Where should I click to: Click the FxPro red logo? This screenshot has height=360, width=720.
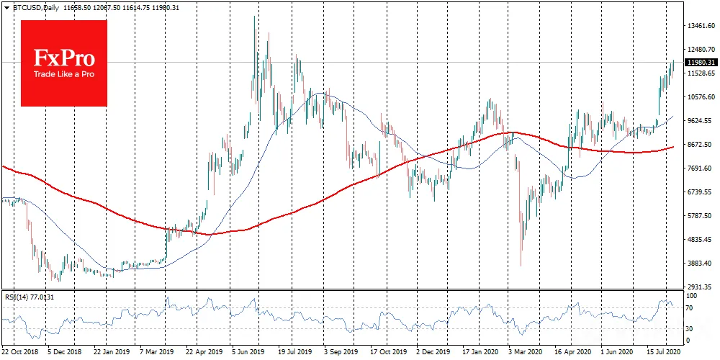point(64,63)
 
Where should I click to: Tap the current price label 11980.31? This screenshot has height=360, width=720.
point(701,62)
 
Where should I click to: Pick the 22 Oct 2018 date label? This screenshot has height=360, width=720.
point(19,353)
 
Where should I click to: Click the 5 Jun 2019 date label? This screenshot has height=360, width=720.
point(246,353)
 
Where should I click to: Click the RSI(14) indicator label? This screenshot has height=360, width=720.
point(12,297)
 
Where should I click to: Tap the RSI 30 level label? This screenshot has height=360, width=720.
point(690,329)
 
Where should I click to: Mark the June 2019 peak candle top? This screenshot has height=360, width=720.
point(254,16)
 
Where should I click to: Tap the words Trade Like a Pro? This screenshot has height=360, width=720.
point(64,74)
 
